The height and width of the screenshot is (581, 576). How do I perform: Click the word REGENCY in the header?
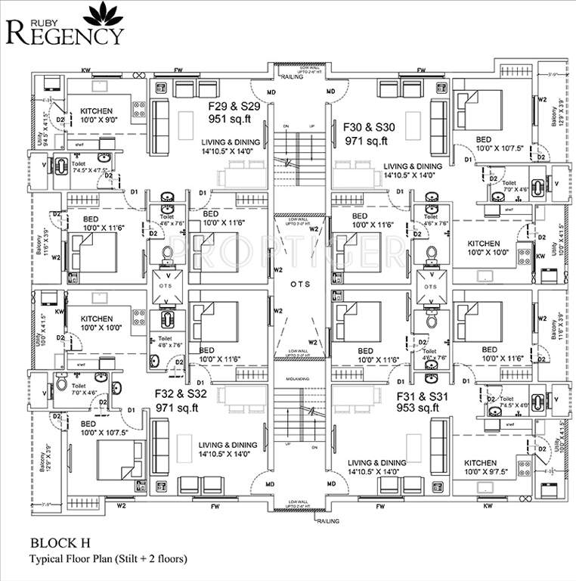point(74,33)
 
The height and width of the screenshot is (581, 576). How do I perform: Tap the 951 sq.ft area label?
point(234,119)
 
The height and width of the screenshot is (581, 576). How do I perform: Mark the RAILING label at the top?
point(292,76)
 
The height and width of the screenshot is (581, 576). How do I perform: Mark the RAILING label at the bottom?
point(327,521)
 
